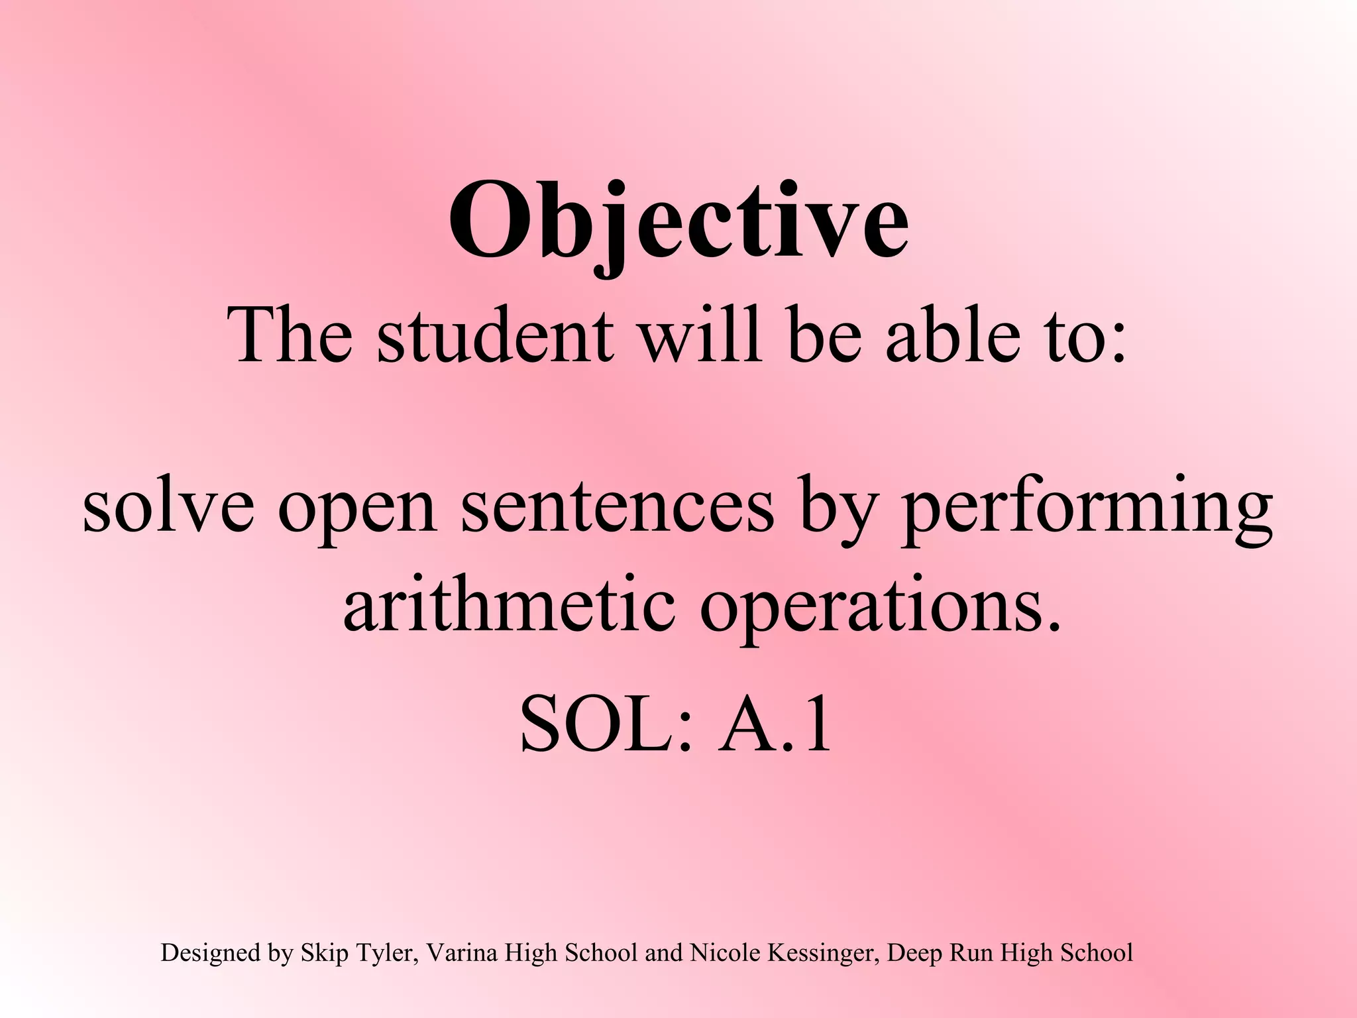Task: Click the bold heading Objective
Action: (678, 222)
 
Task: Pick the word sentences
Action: (617, 507)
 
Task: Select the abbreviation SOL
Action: (597, 726)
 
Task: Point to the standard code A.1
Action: (775, 726)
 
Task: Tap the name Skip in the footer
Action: (325, 953)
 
